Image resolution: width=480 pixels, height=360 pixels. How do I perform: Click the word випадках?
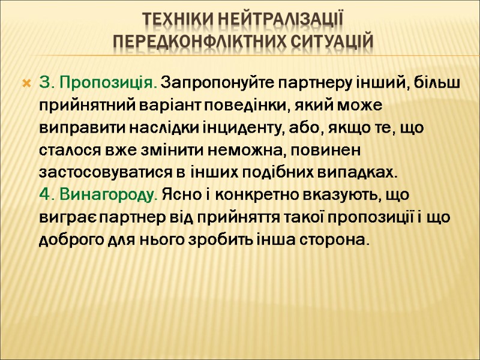(362, 172)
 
